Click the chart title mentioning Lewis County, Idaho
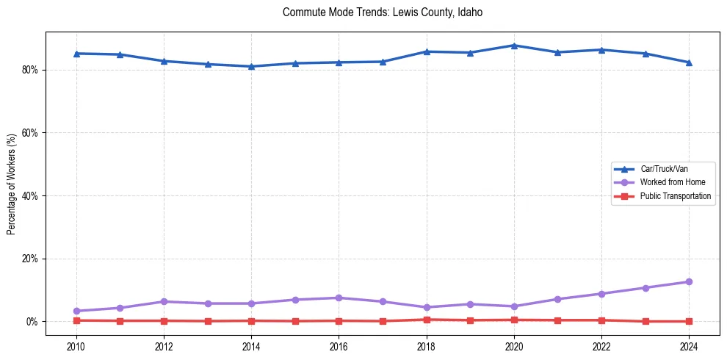382,12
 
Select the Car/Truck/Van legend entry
664,169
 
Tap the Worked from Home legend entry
670,182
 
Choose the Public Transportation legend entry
676,196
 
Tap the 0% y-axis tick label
33,322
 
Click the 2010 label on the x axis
76,347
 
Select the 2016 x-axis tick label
339,347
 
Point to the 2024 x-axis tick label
689,347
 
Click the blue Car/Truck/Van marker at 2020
514,46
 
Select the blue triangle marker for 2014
251,66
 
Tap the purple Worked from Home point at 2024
689,282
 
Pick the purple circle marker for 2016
339,298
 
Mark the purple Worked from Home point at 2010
76,312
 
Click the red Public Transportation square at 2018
427,320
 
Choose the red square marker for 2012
164,321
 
